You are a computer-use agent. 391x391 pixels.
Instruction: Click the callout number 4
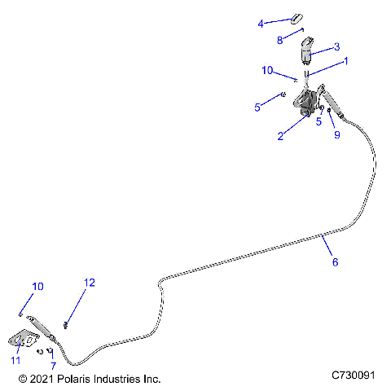(261, 24)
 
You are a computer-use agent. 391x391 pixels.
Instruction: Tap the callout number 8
(280, 39)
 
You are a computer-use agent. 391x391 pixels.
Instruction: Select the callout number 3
(336, 46)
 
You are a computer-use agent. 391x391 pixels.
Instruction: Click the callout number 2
(280, 136)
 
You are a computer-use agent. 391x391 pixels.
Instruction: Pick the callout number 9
(336, 135)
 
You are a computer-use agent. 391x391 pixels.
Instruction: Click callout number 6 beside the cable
(334, 262)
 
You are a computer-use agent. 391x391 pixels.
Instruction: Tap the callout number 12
(90, 283)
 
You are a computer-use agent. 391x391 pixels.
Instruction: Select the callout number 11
(15, 361)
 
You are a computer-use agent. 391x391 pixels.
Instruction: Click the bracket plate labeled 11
(25, 341)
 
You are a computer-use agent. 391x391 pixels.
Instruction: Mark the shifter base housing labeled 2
(307, 105)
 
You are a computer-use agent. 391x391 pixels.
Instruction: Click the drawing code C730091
(352, 376)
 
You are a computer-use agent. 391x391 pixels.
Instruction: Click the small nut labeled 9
(328, 110)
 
